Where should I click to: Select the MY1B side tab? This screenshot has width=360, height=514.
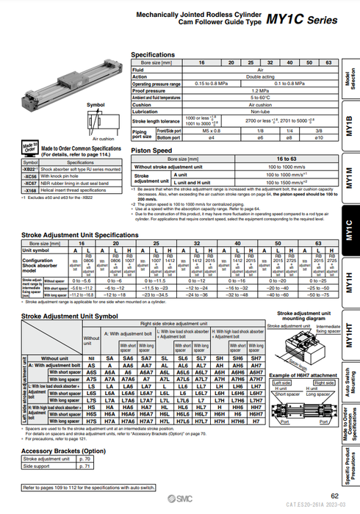tap(348, 126)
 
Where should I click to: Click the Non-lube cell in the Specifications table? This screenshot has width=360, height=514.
tap(260, 111)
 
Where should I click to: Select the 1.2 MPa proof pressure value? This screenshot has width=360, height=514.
tap(260, 90)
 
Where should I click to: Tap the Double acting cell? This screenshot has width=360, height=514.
tap(260, 76)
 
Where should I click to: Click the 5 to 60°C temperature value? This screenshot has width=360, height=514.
tap(260, 97)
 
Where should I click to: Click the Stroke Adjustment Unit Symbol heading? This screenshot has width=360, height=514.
tap(70, 316)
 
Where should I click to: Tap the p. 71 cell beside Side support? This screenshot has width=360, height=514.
tap(84, 466)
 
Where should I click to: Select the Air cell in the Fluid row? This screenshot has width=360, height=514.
tap(260, 70)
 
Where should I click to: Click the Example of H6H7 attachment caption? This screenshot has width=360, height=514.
tap(301, 374)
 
